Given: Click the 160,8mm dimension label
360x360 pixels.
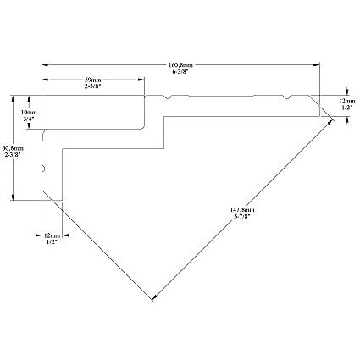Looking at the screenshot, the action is coord(180,65).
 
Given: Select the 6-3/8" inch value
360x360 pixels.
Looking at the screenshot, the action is coord(180,71).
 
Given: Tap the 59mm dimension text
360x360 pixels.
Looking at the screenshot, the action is coord(93,80).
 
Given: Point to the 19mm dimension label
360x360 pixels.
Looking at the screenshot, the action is coord(29,112).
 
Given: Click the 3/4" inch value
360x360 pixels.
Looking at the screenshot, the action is coord(29,119).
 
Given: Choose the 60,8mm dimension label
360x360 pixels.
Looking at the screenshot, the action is coord(13,148).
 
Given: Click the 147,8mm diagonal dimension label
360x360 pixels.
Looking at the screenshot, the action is coord(242,210).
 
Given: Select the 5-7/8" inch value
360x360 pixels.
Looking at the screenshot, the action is coord(242,216).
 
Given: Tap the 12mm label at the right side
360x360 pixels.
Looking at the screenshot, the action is coord(347,101).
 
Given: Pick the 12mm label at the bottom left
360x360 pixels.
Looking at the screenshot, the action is coord(53,235).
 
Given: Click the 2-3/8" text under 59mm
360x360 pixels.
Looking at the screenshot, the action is coord(93,86).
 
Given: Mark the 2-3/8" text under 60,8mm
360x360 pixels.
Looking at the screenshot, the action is coord(13,154).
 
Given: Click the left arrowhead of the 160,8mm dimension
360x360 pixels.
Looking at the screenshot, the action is coord(45,65).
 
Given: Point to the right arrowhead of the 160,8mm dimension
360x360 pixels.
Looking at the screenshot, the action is coord(317,65).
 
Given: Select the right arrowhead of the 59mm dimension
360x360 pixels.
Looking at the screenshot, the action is coord(141,80).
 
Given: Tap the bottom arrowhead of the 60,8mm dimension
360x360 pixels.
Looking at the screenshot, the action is coord(13,197).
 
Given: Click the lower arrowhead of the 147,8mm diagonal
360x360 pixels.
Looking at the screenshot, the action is coord(154,297).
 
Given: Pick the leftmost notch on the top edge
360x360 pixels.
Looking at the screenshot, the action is coord(168,97).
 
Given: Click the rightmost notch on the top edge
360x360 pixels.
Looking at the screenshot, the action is coord(287,97).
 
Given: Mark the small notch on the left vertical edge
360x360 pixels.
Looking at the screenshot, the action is coord(43,169).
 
